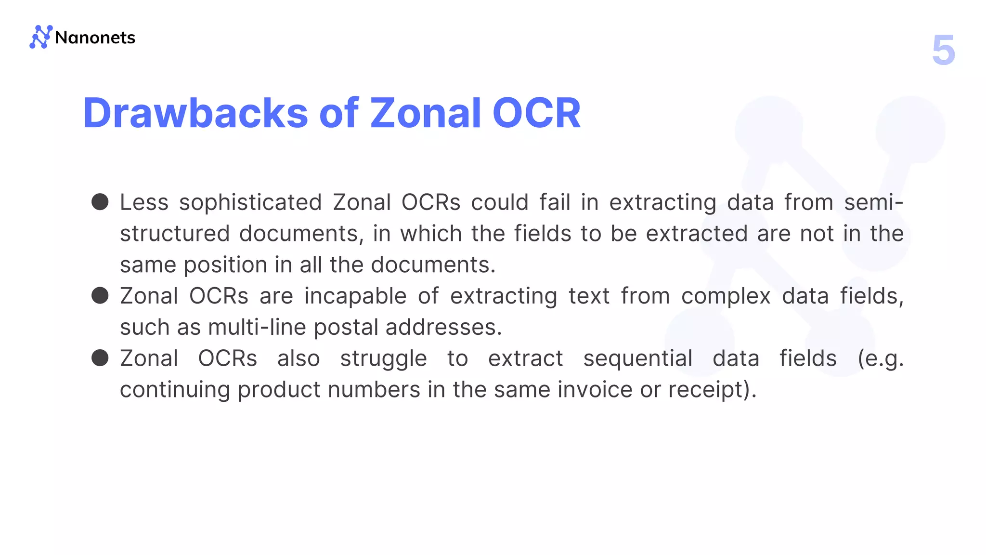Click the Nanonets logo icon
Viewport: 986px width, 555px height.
[x=40, y=37]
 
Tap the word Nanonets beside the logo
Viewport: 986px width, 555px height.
[x=95, y=38]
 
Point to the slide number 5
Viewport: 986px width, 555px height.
[x=943, y=50]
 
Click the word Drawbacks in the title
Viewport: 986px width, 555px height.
[x=195, y=113]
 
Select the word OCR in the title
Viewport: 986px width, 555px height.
[x=536, y=113]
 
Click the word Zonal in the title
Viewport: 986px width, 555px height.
[x=426, y=113]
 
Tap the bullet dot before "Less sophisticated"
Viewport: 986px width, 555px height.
[x=100, y=202]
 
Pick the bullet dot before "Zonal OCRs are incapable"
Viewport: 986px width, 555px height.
[x=100, y=295]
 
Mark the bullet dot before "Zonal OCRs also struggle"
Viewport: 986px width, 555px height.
[x=100, y=358]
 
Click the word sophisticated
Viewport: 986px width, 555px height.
[x=250, y=202]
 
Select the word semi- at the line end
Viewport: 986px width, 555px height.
[x=873, y=202]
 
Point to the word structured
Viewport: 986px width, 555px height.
[x=175, y=234]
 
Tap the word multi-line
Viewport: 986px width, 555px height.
[x=257, y=327]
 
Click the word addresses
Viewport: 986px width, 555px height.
[x=443, y=327]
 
